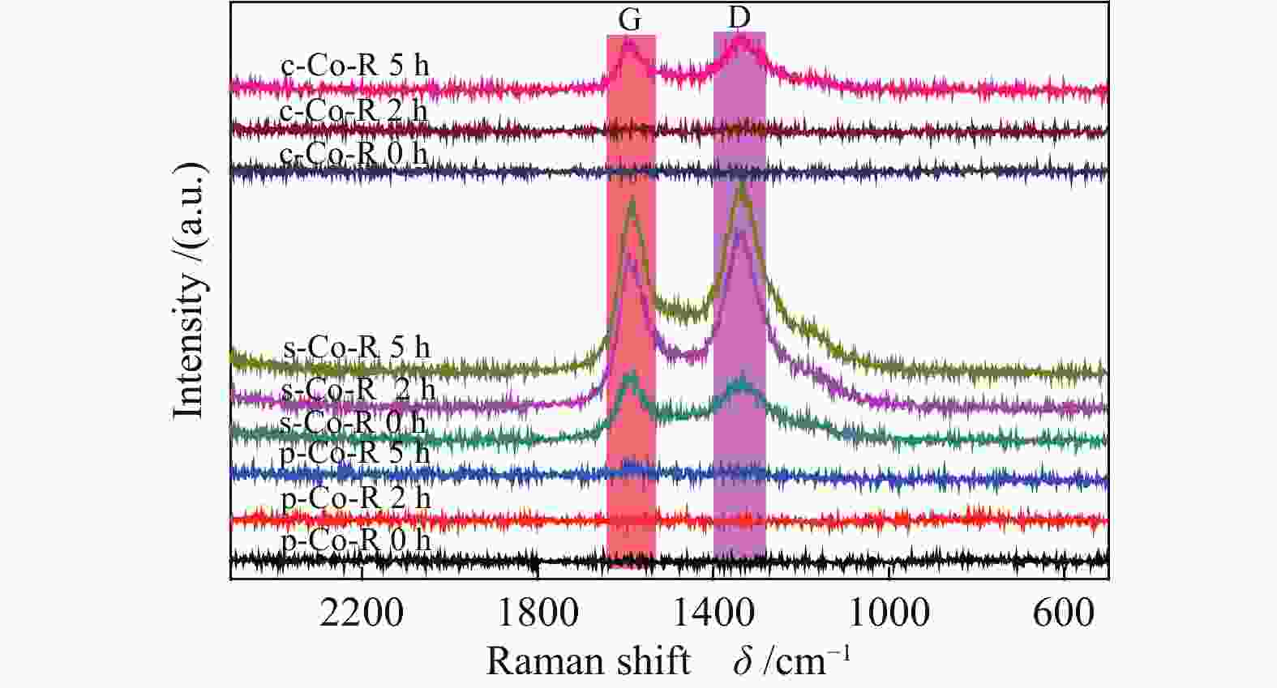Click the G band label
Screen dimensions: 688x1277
(630, 20)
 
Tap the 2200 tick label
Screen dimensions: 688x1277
(362, 613)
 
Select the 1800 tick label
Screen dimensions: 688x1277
(538, 613)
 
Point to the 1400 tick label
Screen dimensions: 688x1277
(713, 613)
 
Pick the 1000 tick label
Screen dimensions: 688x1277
(889, 613)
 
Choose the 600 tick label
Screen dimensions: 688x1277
(1064, 613)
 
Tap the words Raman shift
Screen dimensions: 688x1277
(588, 661)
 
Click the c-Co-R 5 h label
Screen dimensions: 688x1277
(355, 66)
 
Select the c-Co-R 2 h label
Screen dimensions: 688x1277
(354, 110)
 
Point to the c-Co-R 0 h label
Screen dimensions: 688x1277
(353, 153)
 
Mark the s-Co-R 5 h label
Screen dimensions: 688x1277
(357, 348)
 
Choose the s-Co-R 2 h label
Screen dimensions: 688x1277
(358, 391)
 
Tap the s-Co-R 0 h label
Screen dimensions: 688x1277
(353, 422)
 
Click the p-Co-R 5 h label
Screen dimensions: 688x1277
(355, 452)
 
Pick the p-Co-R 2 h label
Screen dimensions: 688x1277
(356, 498)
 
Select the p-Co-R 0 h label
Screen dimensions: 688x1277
(356, 541)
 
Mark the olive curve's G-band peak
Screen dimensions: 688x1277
(632, 204)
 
